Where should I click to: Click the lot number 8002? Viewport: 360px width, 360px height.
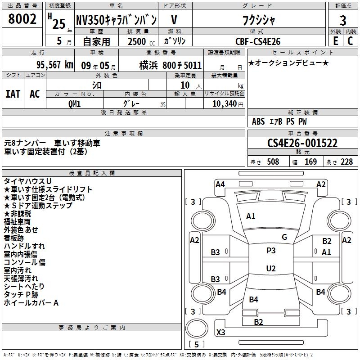coord(22,19)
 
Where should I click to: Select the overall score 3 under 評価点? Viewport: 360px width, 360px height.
coord(343,20)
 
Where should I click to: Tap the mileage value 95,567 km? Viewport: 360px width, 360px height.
coord(55,65)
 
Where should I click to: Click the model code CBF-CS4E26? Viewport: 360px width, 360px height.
coord(258,41)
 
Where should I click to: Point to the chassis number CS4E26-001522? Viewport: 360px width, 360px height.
coord(302,143)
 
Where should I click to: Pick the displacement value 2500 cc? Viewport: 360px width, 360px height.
coord(141,41)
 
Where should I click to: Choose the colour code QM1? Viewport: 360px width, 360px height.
coord(74,104)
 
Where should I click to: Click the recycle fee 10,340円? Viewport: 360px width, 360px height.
coord(228,104)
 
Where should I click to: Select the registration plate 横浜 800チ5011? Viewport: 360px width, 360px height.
coord(171,65)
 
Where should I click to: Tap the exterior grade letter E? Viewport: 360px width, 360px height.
coord(335,41)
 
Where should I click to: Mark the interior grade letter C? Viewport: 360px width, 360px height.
coord(350,41)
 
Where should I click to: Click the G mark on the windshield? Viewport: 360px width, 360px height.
coord(284,237)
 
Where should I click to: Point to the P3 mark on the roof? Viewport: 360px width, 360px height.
coord(271,251)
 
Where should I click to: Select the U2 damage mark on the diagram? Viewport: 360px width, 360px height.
coord(271,268)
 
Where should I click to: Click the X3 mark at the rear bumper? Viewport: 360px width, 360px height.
coord(220,332)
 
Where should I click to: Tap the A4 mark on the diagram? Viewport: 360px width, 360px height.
coord(220,184)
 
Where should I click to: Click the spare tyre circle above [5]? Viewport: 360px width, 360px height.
coord(197,328)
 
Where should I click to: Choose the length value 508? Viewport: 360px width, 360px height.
coord(273,162)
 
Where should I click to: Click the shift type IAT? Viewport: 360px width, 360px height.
coord(13,94)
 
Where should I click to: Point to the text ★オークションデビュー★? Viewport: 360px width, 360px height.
coord(288,63)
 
